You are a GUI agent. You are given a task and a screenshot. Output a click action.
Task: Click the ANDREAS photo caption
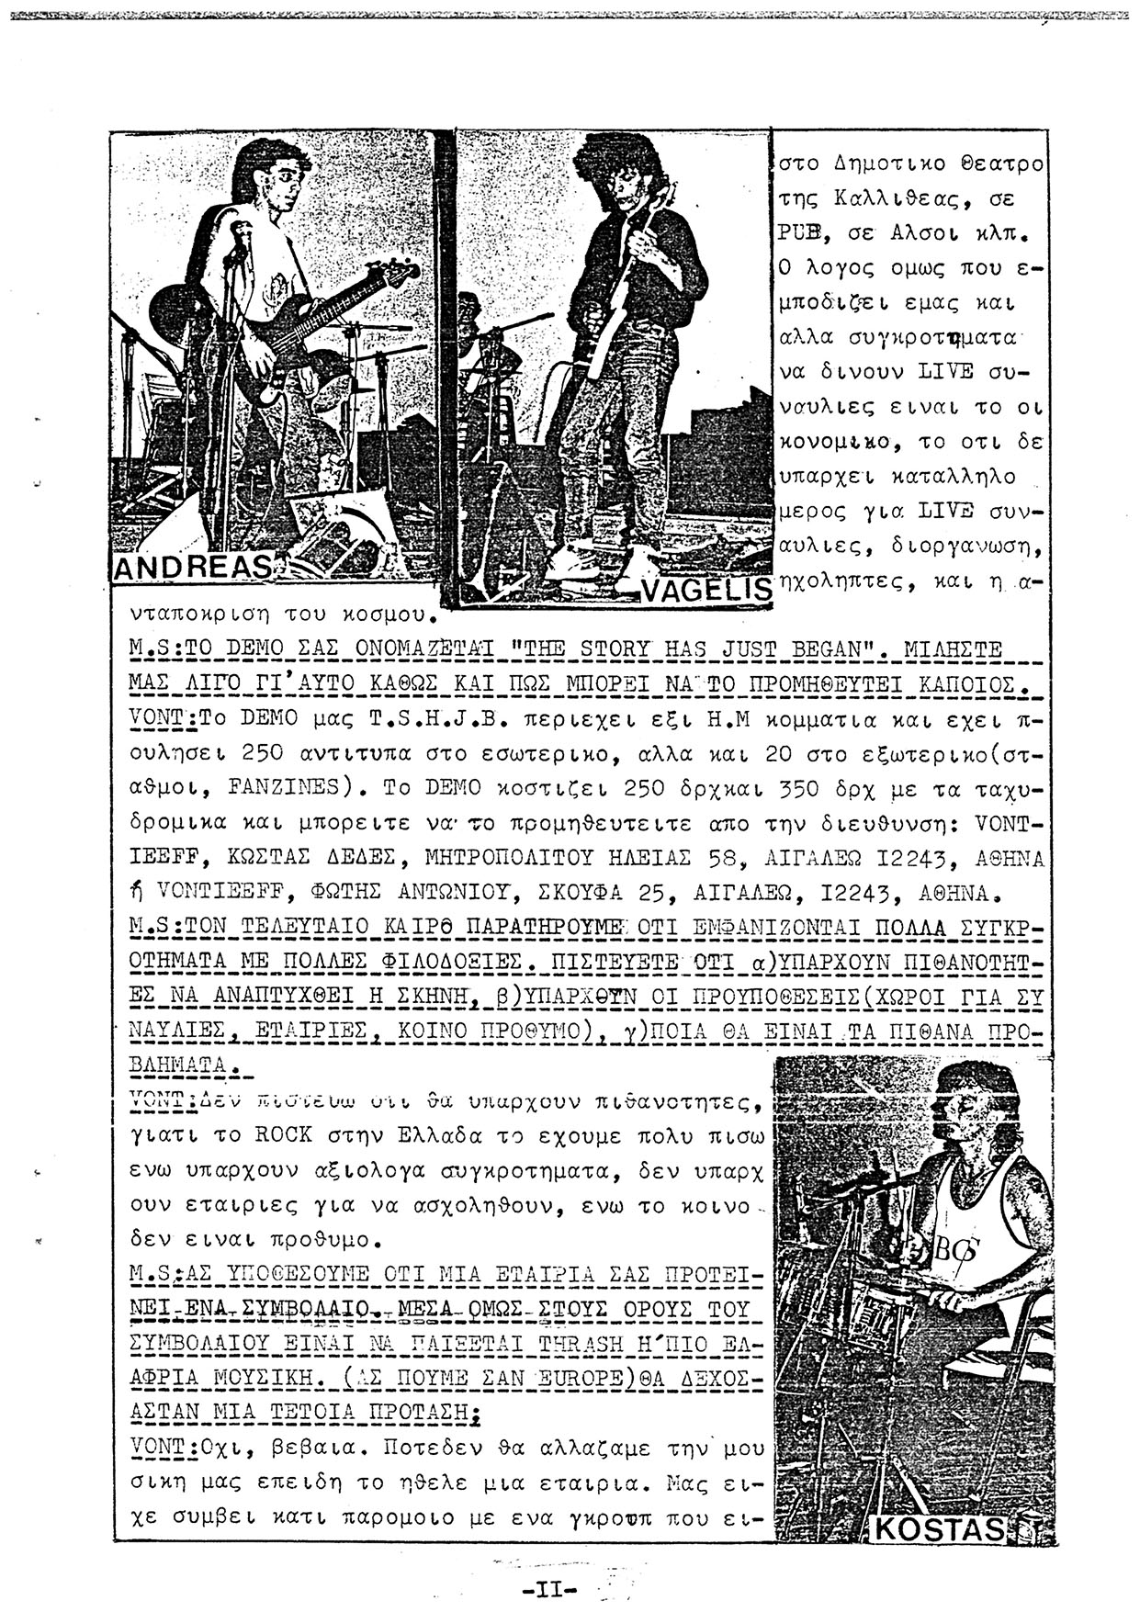pyautogui.click(x=191, y=568)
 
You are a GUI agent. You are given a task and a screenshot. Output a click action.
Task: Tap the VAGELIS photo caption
pyautogui.click(x=705, y=592)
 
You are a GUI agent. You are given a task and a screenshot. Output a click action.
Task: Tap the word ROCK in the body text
pyautogui.click(x=283, y=1134)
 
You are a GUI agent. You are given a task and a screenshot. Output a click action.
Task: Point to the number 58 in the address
pyautogui.click(x=723, y=858)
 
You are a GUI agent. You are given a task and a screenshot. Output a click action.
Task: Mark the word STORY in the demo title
pyautogui.click(x=615, y=649)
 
